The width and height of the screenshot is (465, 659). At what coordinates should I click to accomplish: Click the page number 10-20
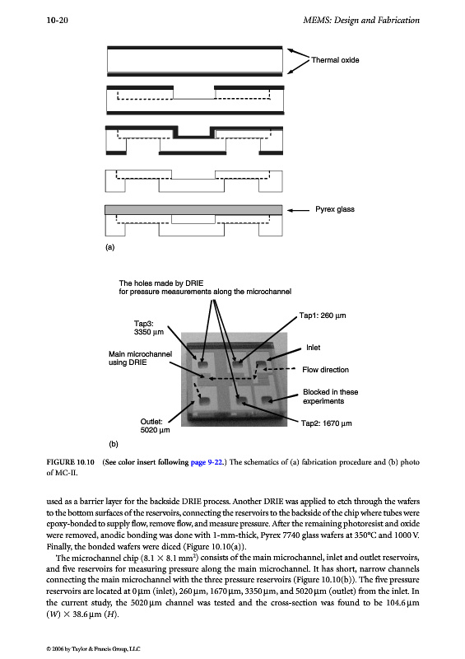click(x=57, y=20)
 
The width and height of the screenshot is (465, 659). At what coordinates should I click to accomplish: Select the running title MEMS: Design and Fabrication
click(x=361, y=20)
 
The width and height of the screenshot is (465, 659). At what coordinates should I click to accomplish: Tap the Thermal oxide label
click(x=335, y=60)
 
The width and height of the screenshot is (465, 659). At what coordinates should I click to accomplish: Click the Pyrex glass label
click(x=335, y=209)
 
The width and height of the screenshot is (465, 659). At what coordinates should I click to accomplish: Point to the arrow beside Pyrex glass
click(x=298, y=210)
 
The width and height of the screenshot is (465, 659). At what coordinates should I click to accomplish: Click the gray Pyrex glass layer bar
click(x=193, y=210)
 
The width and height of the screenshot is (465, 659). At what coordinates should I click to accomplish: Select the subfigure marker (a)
click(x=110, y=247)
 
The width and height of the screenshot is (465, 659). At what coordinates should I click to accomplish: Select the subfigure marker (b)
click(x=114, y=444)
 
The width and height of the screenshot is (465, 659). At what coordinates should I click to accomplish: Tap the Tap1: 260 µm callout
click(x=323, y=315)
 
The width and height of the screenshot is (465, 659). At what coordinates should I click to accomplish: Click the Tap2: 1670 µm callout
click(x=327, y=423)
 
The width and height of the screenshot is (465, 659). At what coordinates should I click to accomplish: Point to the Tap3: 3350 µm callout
click(x=149, y=327)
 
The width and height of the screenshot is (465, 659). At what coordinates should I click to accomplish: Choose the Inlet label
click(x=313, y=348)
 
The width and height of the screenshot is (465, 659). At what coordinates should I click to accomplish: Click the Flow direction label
click(x=326, y=370)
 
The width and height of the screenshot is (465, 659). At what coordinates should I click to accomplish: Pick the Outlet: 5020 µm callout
click(x=155, y=426)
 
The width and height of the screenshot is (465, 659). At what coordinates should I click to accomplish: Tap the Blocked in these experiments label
click(x=331, y=396)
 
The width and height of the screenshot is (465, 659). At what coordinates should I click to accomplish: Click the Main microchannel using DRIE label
click(x=140, y=358)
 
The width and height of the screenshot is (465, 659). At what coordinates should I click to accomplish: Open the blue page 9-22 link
click(x=207, y=462)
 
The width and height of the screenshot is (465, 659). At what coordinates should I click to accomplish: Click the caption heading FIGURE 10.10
click(x=71, y=462)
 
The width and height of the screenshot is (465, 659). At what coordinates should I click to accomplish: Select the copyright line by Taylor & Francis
click(x=93, y=649)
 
